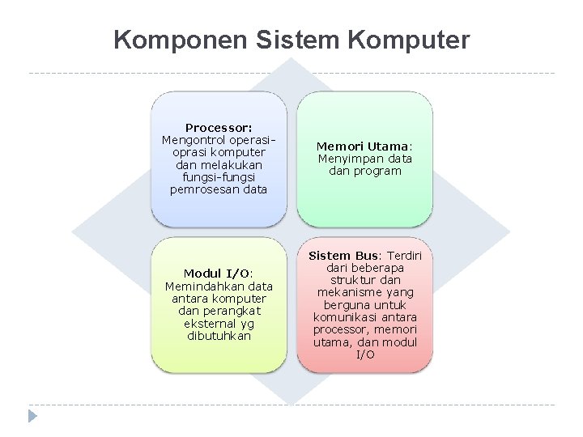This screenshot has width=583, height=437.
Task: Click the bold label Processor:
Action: (219, 127)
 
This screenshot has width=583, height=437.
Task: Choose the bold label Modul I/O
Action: (218, 274)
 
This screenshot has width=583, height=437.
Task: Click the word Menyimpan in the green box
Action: (349, 159)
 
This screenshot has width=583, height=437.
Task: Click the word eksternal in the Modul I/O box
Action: (198, 323)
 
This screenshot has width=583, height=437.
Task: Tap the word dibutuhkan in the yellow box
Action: (219, 335)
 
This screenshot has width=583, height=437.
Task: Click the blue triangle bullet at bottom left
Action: (32, 417)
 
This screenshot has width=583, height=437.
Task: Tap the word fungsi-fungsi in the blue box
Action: (219, 176)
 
